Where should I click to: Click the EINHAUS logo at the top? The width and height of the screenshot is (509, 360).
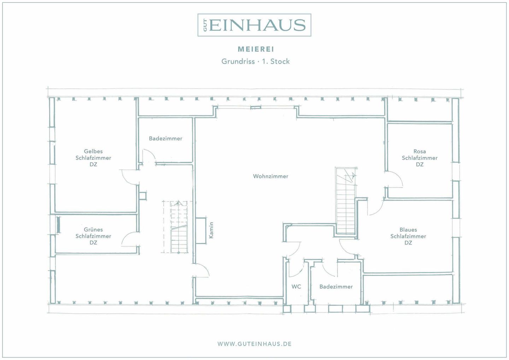[254, 25]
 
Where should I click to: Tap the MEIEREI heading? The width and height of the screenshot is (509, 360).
[256, 49]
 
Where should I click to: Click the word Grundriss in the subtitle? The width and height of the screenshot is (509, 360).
[238, 61]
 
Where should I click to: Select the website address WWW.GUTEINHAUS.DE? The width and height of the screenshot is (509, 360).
[254, 344]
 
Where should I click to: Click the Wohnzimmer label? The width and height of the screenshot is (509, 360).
[271, 176]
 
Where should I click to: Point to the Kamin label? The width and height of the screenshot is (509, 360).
[211, 230]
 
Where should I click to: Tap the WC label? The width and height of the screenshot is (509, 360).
[296, 287]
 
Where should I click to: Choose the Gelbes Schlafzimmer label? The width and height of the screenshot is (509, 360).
[93, 158]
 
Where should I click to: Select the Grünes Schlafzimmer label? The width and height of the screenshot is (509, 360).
[93, 236]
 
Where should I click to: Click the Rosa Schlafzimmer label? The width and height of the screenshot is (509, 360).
[420, 158]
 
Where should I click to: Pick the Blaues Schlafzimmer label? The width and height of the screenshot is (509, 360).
[408, 236]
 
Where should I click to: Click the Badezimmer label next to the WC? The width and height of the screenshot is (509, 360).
[336, 287]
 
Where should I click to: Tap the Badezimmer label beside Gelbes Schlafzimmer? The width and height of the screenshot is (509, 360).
[166, 138]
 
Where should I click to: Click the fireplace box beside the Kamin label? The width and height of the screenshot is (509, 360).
[201, 231]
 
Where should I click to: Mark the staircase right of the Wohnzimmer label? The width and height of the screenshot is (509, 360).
[346, 201]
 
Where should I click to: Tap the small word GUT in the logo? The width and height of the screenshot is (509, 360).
[205, 25]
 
